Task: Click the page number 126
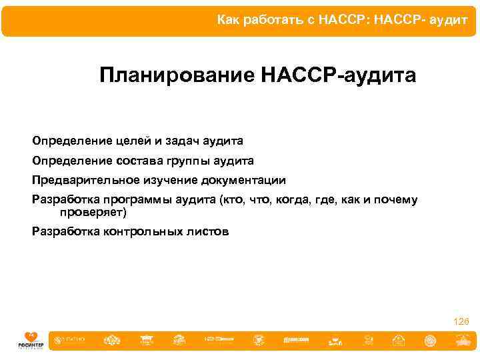[461, 322]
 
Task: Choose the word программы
[137, 199]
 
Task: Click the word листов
[207, 232]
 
